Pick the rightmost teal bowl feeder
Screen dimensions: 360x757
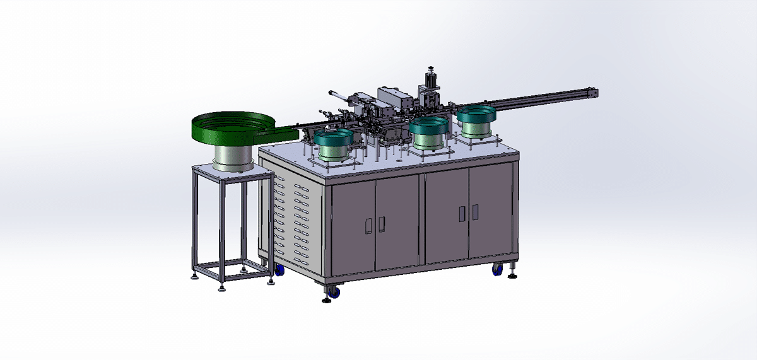click(478, 117)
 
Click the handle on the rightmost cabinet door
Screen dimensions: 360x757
click(475, 212)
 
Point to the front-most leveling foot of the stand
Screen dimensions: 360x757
click(223, 289)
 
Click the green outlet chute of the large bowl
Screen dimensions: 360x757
click(281, 134)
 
